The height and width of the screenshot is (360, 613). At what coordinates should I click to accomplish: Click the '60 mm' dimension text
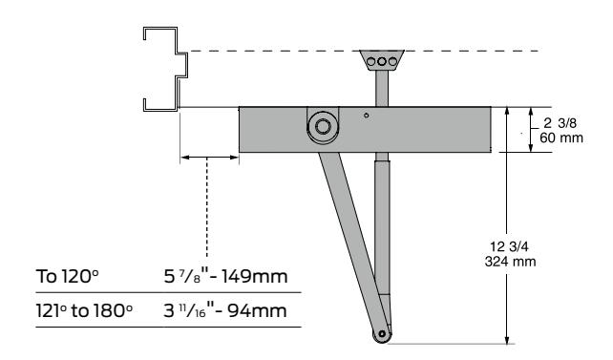coord(561,138)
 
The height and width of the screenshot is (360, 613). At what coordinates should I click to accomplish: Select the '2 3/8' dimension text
coord(560,123)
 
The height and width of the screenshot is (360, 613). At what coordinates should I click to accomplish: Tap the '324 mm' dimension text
coord(510,261)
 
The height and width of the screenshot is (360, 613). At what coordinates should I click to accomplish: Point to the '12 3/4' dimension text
coord(509,246)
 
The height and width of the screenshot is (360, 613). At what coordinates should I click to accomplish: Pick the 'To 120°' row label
coord(67,276)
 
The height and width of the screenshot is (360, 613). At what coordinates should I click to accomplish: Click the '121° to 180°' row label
coord(84,310)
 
